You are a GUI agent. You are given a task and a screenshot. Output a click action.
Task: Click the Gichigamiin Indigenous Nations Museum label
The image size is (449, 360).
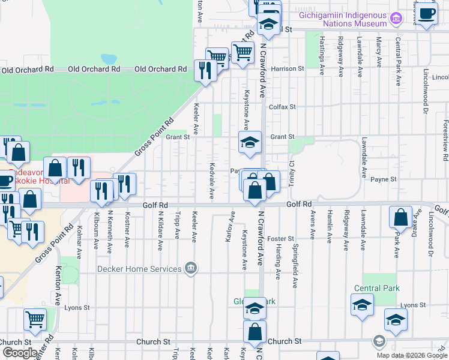pos(343,18)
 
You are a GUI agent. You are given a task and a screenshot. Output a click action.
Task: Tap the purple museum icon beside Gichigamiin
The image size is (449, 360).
pos(396,19)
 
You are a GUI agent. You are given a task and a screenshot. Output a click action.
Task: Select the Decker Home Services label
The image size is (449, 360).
pos(140,269)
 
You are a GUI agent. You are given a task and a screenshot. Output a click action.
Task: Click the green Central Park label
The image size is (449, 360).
pos(376,289)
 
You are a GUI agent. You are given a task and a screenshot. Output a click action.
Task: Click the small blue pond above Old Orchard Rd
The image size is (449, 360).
pos(109,59)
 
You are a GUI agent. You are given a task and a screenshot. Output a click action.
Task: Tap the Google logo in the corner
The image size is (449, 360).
pos(20,353)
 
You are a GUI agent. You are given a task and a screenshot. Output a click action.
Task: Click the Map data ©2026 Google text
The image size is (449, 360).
pos(412,355)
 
